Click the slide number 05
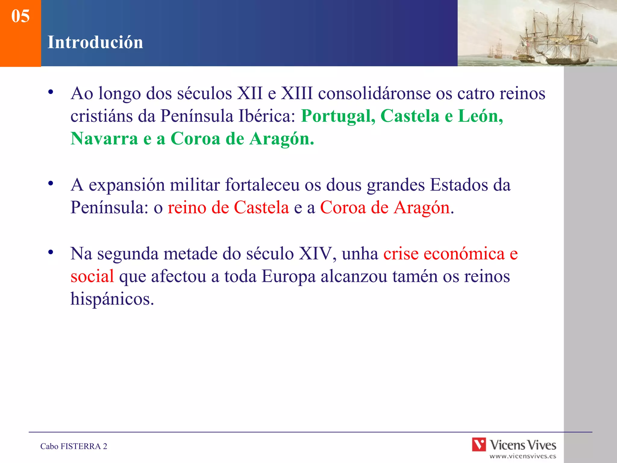(20, 16)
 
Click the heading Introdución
(95, 42)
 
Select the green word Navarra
(104, 139)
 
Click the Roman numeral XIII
(297, 93)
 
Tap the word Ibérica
(267, 116)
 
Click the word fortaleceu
(262, 185)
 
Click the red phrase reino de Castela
(228, 208)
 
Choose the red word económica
(464, 254)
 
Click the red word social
(92, 276)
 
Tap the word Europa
(288, 276)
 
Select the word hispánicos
(112, 299)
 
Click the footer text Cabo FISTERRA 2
(74, 446)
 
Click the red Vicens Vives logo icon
(479, 445)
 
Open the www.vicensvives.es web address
(523, 456)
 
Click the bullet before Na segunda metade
(51, 252)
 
